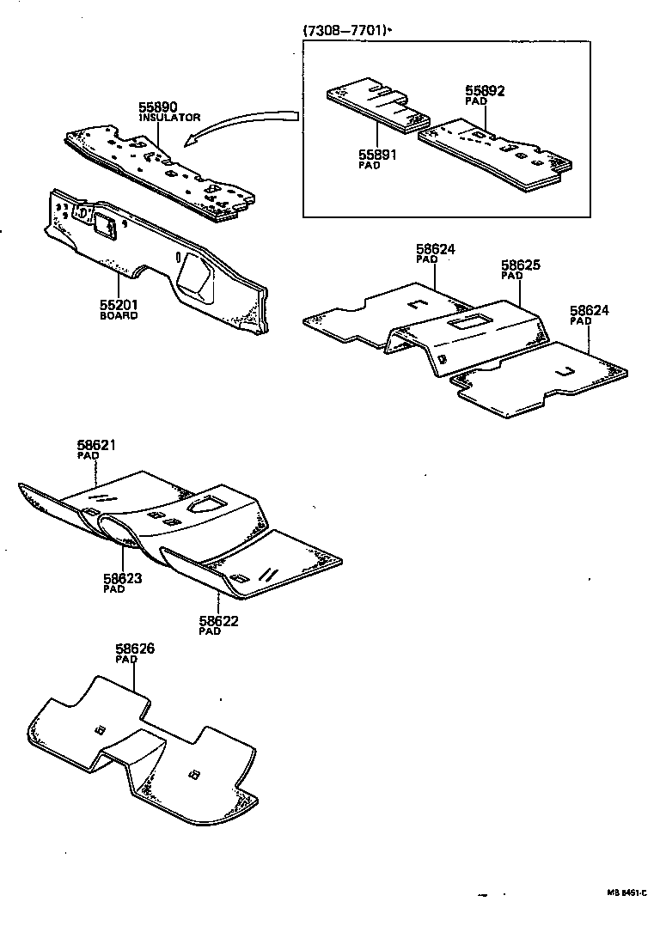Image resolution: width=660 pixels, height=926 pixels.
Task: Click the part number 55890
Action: point(158,107)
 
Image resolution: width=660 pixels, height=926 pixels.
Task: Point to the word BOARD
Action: point(118,315)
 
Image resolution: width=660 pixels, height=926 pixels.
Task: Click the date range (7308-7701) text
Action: point(344,30)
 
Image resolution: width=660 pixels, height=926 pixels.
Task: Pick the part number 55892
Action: point(485,90)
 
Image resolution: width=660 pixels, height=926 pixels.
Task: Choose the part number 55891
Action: point(376,155)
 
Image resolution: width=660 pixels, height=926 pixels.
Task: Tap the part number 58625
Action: point(521,266)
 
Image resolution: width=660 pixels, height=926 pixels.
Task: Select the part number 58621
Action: point(95,445)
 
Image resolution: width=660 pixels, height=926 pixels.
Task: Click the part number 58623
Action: point(122,578)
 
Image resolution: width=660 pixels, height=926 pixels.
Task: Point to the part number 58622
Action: point(218,620)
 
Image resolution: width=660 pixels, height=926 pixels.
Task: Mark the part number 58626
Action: point(135,649)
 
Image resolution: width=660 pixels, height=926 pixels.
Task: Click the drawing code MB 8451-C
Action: point(626,892)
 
